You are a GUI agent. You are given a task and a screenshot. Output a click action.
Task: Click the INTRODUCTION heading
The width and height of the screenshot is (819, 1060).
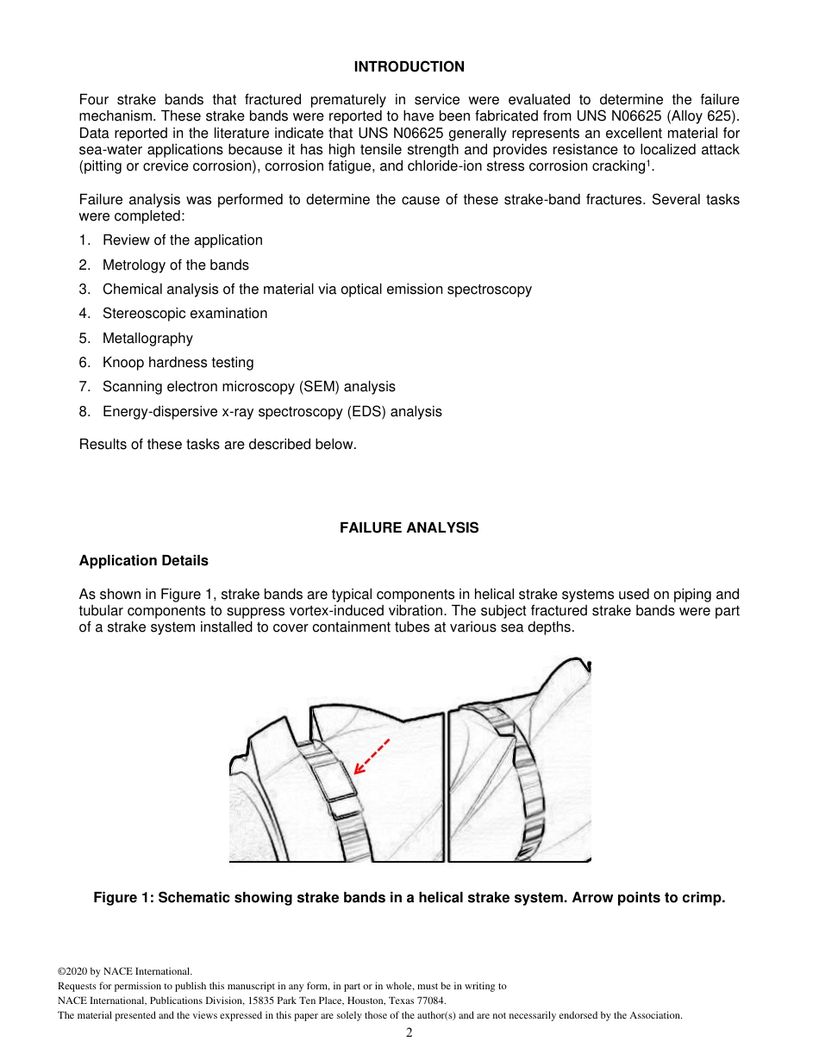coord(409,66)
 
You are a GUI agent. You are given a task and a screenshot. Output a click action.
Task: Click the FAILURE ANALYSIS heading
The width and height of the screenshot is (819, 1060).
coord(409,527)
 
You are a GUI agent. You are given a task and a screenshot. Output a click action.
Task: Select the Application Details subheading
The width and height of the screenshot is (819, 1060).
coord(143,560)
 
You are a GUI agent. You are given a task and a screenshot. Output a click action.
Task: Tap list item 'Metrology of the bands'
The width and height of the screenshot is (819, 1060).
coord(175,265)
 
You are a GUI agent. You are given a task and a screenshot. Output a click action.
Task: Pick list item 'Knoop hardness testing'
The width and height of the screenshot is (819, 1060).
coord(178,363)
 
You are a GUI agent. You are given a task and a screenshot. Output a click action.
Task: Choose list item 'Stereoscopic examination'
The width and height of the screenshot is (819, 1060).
coord(184,314)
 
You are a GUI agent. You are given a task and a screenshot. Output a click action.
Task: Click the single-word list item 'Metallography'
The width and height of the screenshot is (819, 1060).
coord(147,339)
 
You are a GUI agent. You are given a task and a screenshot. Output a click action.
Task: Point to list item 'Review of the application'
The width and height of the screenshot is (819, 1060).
coord(182,240)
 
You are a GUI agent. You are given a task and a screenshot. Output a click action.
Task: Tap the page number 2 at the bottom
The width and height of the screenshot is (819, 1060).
coord(409,1032)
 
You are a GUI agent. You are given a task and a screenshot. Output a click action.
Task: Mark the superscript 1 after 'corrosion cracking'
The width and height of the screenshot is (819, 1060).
coord(647,163)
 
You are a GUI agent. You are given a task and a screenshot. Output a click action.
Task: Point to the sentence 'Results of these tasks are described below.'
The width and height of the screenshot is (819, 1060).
coord(217,445)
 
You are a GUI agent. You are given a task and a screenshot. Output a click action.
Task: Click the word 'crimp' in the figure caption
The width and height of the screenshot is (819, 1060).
coord(703,898)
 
